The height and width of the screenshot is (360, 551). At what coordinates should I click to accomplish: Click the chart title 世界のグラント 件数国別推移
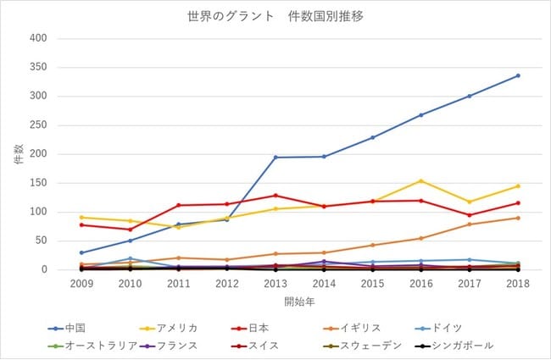click(x=275, y=16)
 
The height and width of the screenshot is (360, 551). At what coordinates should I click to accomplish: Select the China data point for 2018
click(x=518, y=75)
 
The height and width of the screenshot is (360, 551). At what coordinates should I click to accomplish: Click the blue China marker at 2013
click(x=275, y=157)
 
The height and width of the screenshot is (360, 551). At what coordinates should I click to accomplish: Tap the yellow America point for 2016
click(x=421, y=181)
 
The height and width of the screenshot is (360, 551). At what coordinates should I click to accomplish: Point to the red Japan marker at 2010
click(x=130, y=230)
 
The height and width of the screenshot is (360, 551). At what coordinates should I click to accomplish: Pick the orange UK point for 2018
click(x=518, y=218)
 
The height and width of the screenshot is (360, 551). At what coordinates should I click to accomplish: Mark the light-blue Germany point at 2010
click(x=130, y=258)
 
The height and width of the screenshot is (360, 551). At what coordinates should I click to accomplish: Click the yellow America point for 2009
click(x=81, y=217)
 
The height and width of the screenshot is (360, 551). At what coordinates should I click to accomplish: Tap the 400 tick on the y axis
click(x=38, y=38)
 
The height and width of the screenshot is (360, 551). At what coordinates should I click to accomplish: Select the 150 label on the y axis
click(x=38, y=183)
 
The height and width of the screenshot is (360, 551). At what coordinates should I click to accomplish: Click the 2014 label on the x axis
click(x=324, y=284)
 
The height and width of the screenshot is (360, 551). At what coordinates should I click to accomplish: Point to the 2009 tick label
click(x=81, y=284)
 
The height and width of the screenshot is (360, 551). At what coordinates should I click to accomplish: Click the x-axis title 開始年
click(x=299, y=302)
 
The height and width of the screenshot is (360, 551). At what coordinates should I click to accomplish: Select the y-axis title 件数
click(x=19, y=154)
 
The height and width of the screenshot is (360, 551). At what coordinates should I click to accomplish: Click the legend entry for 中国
click(x=67, y=328)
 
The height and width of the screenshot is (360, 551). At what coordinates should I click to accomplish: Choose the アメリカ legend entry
click(x=169, y=328)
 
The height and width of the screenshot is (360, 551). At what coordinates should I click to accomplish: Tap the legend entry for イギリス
click(x=352, y=328)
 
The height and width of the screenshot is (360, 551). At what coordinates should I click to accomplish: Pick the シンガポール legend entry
click(x=454, y=346)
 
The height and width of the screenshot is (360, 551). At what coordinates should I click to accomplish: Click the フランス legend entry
click(x=169, y=346)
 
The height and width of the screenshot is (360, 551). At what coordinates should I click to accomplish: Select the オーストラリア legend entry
click(x=92, y=346)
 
